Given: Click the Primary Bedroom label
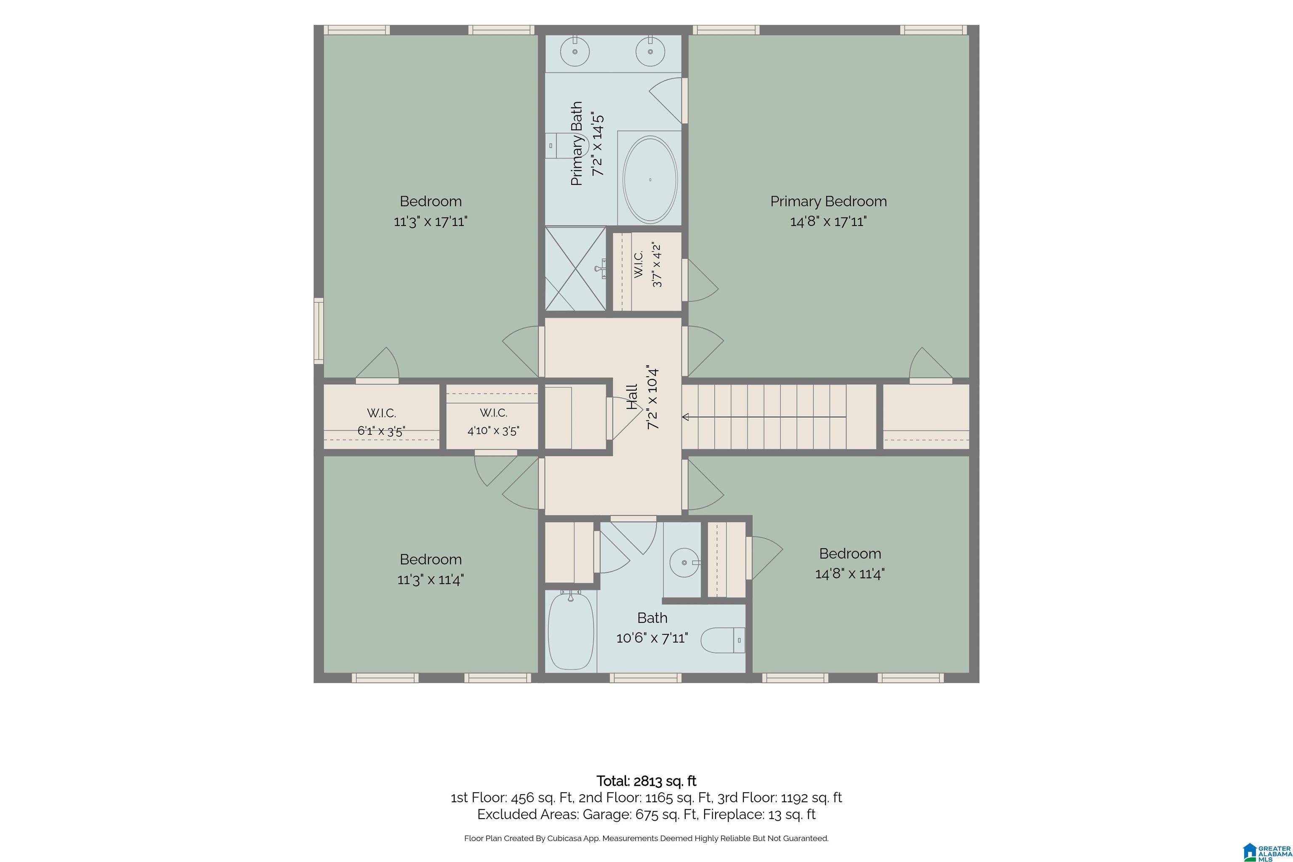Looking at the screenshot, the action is click(x=828, y=201).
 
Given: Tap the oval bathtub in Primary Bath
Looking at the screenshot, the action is click(x=650, y=180).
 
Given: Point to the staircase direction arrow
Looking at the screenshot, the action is click(x=764, y=417).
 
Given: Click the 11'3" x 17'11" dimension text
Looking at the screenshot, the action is click(x=431, y=221).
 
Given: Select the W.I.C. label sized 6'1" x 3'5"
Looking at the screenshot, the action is click(x=381, y=413).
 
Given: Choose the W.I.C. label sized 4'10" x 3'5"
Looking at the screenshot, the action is click(x=493, y=412).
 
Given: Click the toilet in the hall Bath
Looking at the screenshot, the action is click(x=723, y=640).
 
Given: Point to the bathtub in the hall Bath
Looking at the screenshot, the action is click(x=571, y=630).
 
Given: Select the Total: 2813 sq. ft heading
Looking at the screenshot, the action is click(x=646, y=781).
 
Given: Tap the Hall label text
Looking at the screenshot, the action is click(x=632, y=397).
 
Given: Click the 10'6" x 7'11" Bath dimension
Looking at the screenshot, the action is click(x=652, y=638).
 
